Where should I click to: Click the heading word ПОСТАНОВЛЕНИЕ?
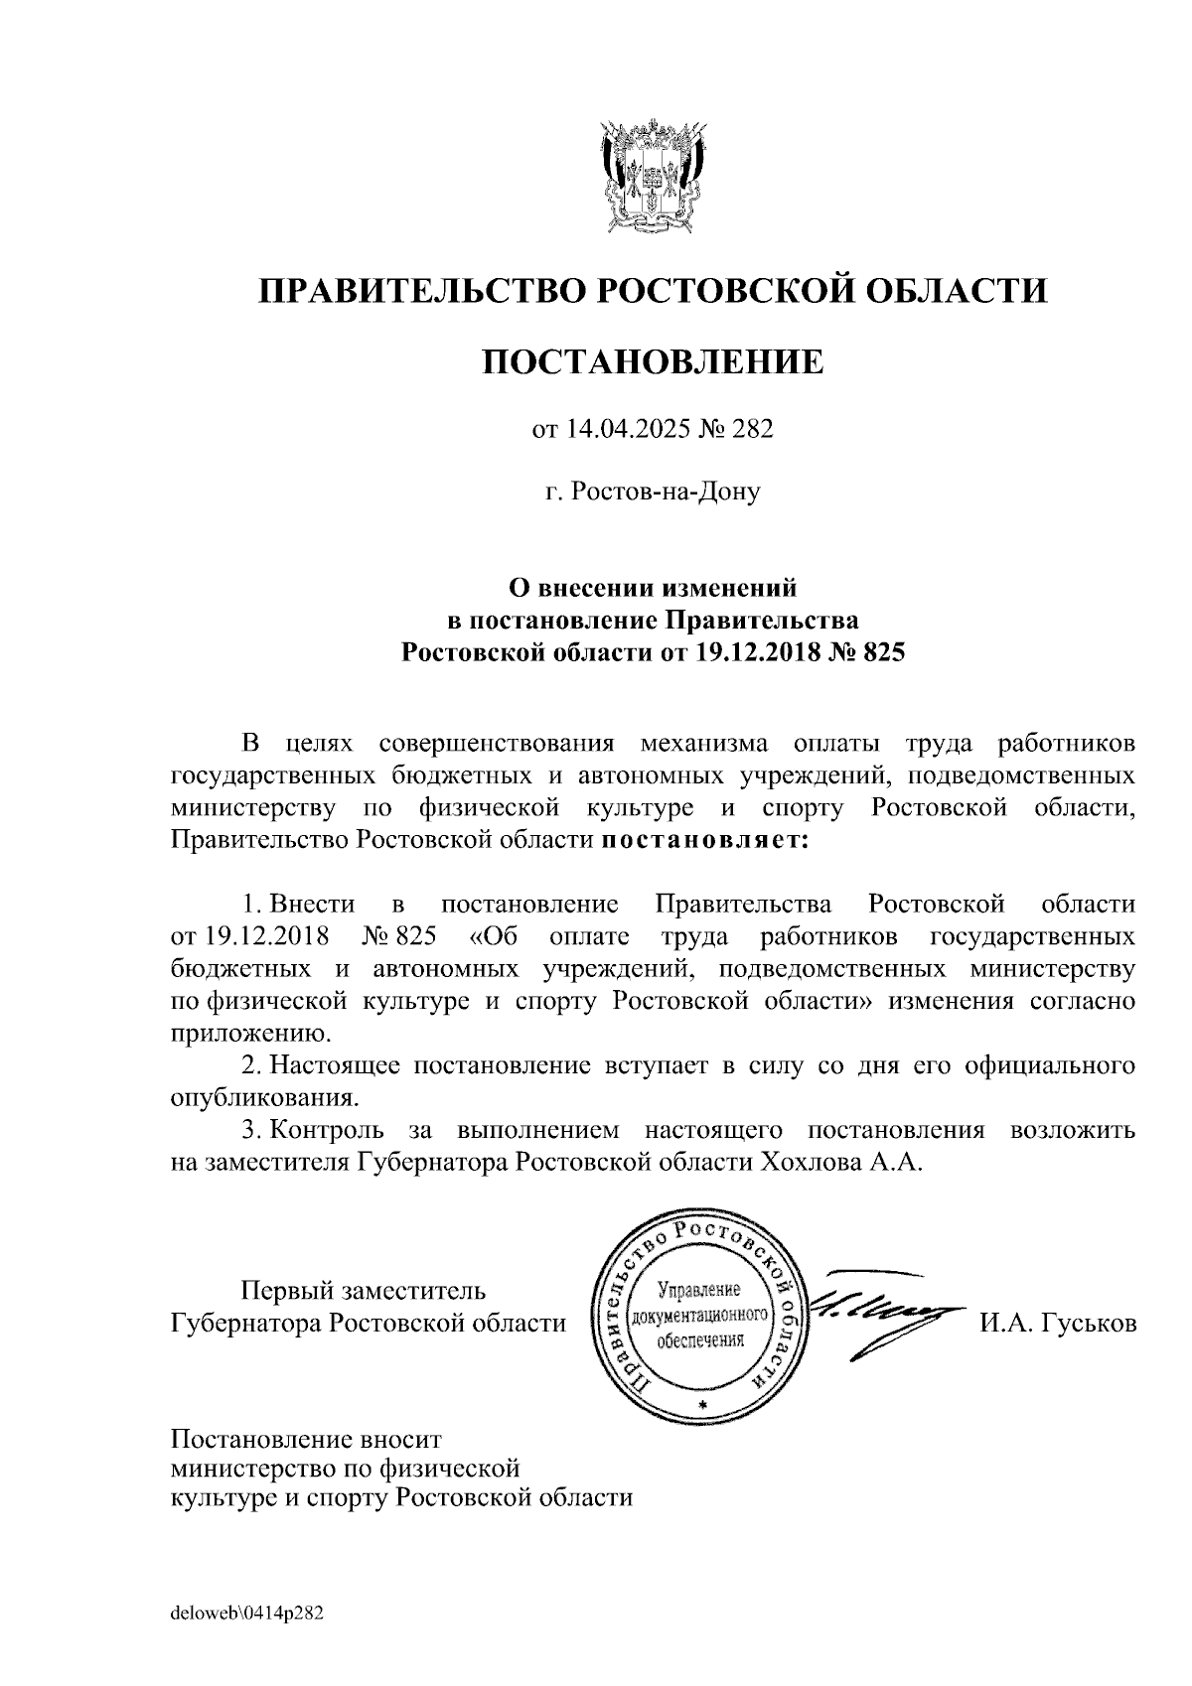click(x=653, y=362)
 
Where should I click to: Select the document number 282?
click(x=752, y=429)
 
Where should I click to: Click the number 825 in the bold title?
click(x=882, y=652)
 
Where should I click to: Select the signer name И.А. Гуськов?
click(x=1058, y=1324)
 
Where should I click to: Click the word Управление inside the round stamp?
click(x=700, y=1291)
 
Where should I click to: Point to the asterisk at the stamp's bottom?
click(x=702, y=1406)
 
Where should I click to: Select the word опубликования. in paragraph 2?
click(x=264, y=1098)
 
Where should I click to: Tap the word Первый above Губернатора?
click(x=287, y=1291)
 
